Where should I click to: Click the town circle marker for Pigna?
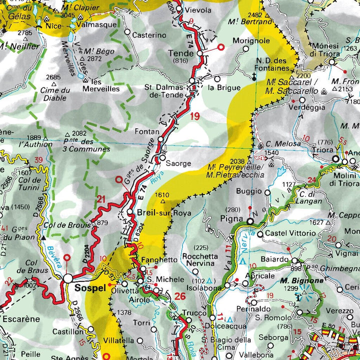[x=250, y=220]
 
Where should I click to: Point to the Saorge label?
[x=178, y=163]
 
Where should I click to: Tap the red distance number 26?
[x=180, y=296]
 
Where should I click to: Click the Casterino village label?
[x=148, y=35]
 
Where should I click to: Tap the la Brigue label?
[x=221, y=88]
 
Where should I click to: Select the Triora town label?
[x=321, y=150]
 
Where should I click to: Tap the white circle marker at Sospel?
[x=68, y=278]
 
